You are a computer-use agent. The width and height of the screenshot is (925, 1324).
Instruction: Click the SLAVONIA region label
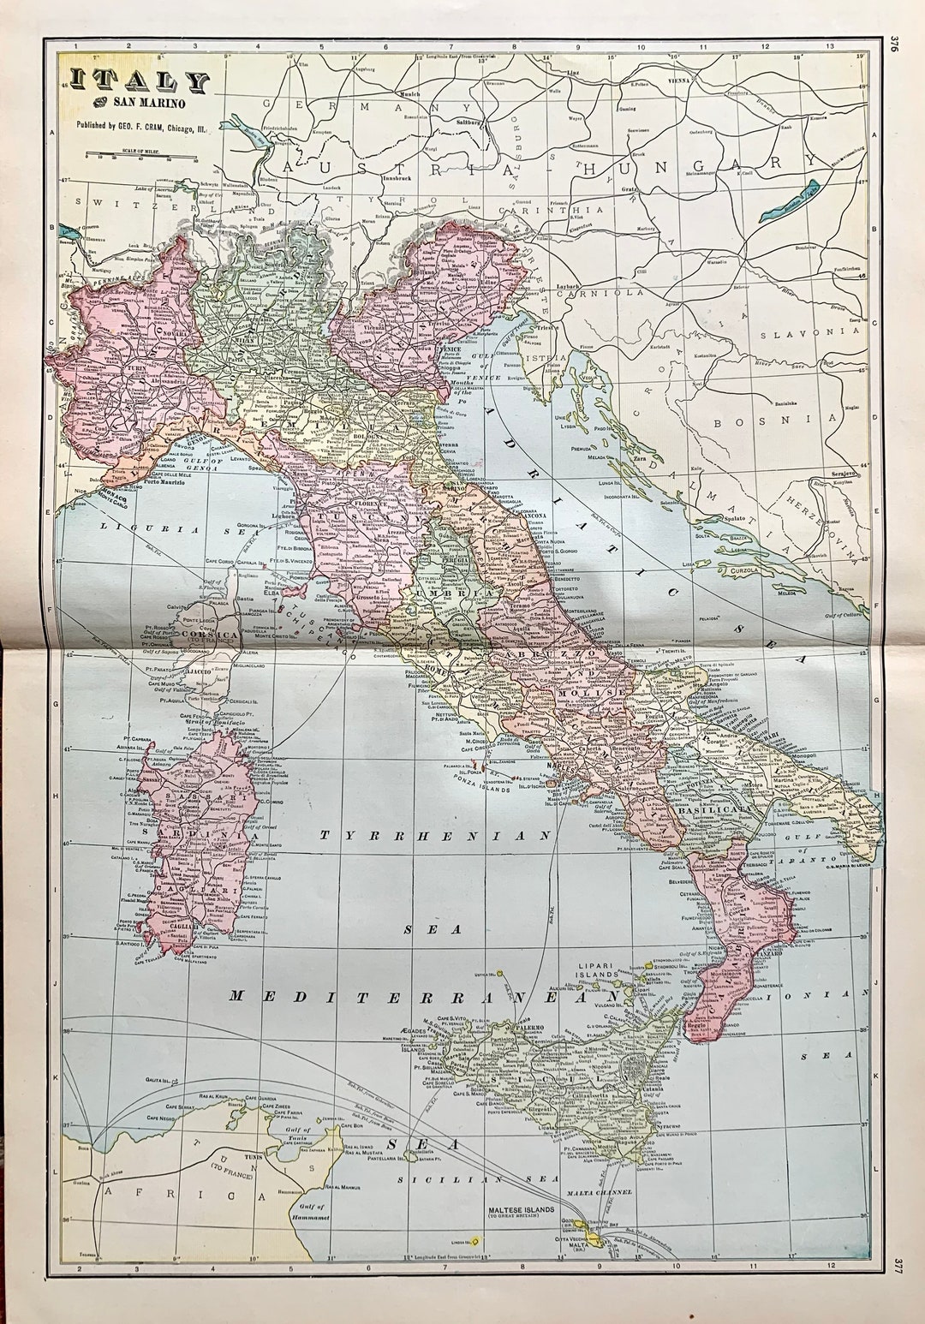click(x=818, y=331)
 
